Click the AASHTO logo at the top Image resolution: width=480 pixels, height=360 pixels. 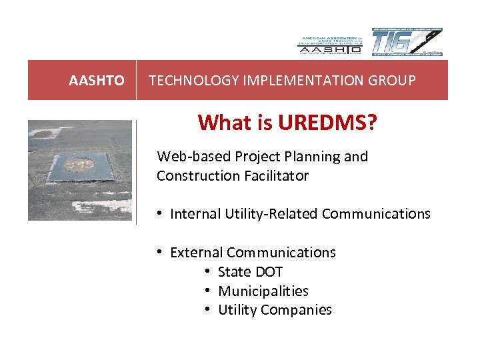(x=329, y=42)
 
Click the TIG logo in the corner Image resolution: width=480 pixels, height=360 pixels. (x=406, y=42)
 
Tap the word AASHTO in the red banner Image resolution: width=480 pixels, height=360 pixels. (x=97, y=81)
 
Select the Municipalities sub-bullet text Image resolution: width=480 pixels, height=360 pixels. (x=263, y=291)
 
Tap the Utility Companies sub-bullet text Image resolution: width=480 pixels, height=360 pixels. (x=275, y=310)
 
